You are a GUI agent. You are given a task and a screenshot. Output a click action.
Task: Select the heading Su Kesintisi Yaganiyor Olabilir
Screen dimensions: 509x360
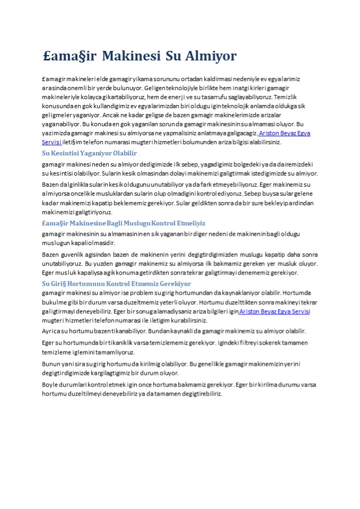pos(89,153)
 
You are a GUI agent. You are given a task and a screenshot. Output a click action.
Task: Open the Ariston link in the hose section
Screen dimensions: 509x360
pos(274,312)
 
